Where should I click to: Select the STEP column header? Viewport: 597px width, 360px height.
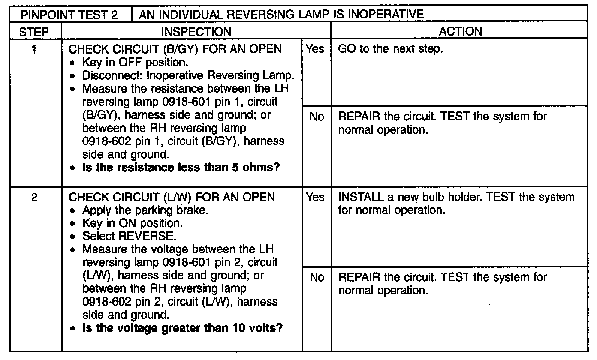tap(35, 31)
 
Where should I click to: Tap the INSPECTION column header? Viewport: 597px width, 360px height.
tap(196, 31)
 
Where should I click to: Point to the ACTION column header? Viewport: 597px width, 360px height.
tap(461, 31)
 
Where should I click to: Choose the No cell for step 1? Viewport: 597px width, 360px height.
tap(316, 117)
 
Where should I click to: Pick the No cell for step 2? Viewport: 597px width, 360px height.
tap(316, 278)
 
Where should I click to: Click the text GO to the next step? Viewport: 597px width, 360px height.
tap(390, 49)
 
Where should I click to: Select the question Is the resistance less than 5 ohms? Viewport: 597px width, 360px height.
tap(181, 168)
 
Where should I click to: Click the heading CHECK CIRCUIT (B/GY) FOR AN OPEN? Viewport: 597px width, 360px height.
tap(175, 49)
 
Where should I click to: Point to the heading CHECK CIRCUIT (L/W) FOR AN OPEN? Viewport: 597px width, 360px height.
tap(172, 198)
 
